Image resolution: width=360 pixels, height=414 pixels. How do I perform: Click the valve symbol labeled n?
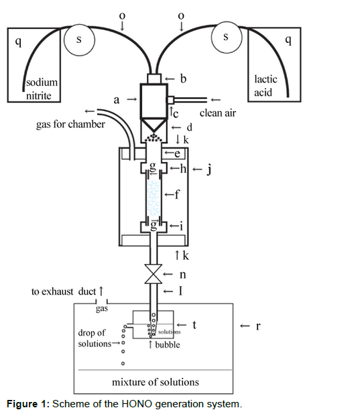click(154, 274)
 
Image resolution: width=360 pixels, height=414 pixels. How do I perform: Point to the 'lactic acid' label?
click(265, 86)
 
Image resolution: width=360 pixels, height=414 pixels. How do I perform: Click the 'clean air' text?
click(217, 113)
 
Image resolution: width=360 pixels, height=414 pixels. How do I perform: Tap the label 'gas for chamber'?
click(70, 124)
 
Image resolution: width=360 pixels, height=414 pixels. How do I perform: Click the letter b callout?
click(183, 78)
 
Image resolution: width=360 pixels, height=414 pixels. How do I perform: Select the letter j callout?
click(209, 169)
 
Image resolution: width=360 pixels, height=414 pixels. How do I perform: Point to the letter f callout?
click(177, 194)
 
